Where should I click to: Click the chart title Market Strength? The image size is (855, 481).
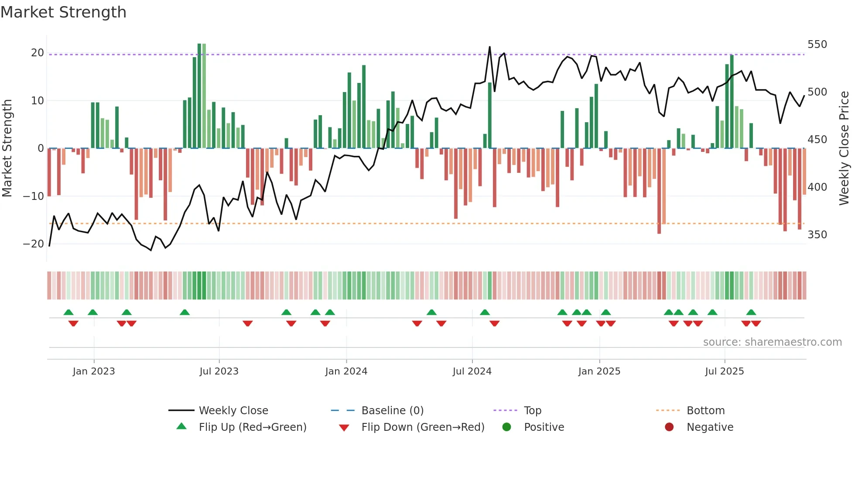(x=63, y=12)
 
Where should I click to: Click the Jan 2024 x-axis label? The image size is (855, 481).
(x=346, y=371)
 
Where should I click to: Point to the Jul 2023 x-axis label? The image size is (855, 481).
(x=219, y=371)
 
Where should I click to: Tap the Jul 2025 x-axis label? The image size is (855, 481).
(x=724, y=371)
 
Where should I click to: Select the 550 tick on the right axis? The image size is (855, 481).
(x=817, y=45)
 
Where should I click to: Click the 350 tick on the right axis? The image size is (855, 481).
(x=817, y=235)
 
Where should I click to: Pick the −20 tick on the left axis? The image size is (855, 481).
(x=34, y=244)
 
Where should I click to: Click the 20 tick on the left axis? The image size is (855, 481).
(x=38, y=53)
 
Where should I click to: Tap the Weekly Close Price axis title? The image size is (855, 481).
(x=844, y=148)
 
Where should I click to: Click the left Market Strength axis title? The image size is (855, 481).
(x=7, y=148)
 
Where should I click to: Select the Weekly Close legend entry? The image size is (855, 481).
(x=233, y=411)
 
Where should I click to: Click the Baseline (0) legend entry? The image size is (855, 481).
(x=392, y=411)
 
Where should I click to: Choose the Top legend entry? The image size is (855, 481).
(x=532, y=411)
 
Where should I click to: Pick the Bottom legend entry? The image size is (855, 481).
(x=705, y=411)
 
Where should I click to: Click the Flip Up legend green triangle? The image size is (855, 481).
(x=181, y=426)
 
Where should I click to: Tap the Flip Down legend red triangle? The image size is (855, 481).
(x=344, y=428)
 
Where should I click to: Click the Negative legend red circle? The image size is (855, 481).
(x=669, y=427)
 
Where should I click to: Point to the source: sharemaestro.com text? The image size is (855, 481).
(x=772, y=342)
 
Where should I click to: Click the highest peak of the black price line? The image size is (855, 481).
(x=489, y=47)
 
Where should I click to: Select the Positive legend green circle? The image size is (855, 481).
(x=506, y=427)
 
